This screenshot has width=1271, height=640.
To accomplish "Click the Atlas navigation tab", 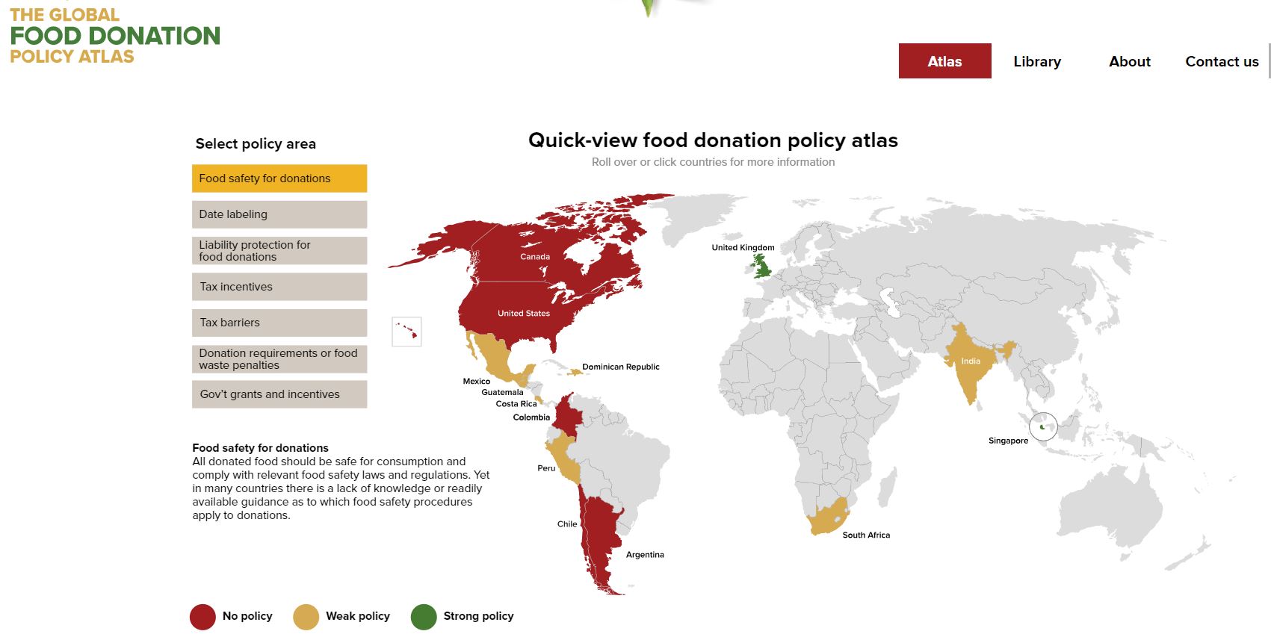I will tap(944, 61).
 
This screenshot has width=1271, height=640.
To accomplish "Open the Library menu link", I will tap(1037, 62).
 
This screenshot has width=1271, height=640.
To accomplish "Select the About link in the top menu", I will tap(1129, 62).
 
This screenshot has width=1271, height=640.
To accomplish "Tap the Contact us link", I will tap(1222, 62).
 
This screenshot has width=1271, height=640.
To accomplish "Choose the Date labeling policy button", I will tap(279, 214).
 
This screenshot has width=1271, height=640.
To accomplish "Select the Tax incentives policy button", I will tap(279, 287).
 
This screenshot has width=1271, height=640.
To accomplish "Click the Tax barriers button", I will tap(279, 323).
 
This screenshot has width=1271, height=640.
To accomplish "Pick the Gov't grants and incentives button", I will tap(279, 394).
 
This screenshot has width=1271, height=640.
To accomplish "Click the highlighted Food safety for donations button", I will tap(279, 178).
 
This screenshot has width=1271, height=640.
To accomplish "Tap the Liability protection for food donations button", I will tap(279, 251).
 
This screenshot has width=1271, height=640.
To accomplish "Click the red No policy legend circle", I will tap(202, 617).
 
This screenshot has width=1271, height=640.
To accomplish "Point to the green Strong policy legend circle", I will tap(424, 617).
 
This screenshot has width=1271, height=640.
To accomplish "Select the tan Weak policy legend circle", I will tap(306, 617).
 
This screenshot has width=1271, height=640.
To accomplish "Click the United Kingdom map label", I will tap(743, 248).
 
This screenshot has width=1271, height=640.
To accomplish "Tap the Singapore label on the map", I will tap(1008, 441).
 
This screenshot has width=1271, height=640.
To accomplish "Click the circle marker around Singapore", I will tap(1043, 427).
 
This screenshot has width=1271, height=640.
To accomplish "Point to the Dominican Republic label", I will tap(620, 367).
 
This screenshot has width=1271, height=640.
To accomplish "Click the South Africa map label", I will tap(866, 535).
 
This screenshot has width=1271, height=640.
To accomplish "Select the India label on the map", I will tap(971, 361).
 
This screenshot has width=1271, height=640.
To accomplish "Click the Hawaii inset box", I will tap(406, 331).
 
